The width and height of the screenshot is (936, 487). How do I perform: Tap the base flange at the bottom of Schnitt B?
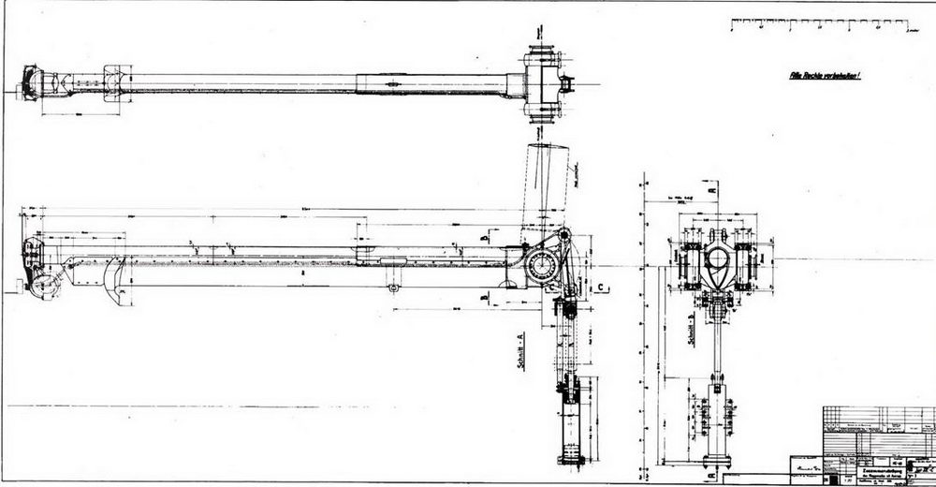pyautogui.click(x=716, y=460)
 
